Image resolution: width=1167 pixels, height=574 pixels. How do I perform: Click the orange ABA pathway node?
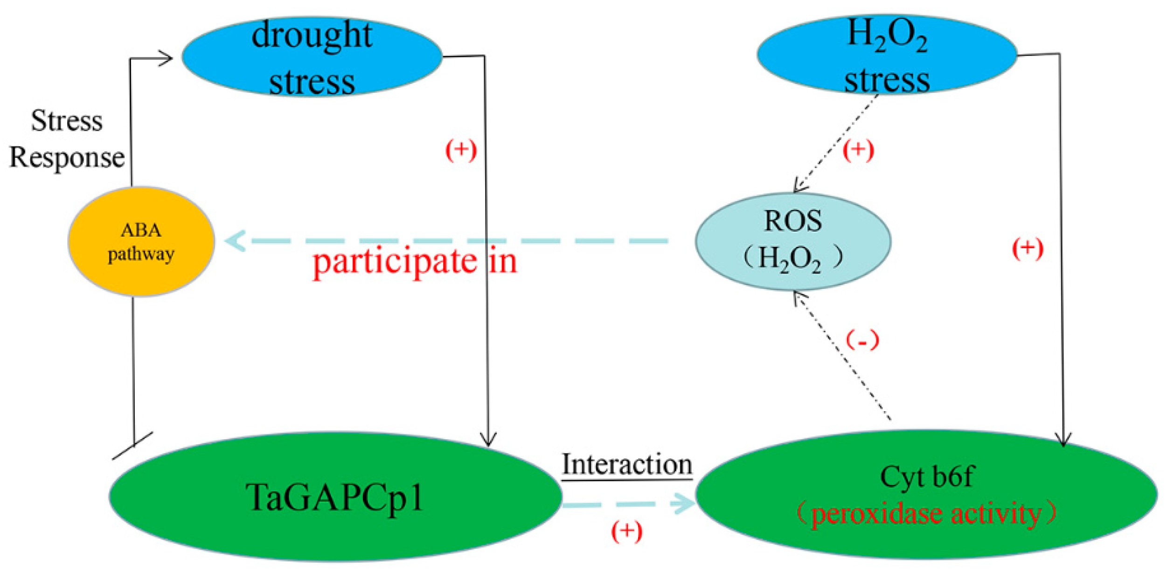pyautogui.click(x=141, y=241)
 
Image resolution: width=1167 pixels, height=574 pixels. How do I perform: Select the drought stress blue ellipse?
pyautogui.click(x=312, y=57)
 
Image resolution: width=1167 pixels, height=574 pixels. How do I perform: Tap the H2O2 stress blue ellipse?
pyautogui.click(x=886, y=55)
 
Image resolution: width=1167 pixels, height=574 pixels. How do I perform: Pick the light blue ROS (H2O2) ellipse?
pyautogui.click(x=792, y=241)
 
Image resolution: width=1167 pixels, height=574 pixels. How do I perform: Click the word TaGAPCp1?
pyautogui.click(x=335, y=497)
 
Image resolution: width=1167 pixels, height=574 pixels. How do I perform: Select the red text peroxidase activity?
pyautogui.click(x=926, y=513)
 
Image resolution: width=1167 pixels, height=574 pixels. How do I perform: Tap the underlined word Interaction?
pyautogui.click(x=626, y=465)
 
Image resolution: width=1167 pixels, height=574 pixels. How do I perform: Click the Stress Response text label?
pyautogui.click(x=67, y=139)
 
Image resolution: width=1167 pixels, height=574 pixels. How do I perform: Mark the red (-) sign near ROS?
pyautogui.click(x=862, y=340)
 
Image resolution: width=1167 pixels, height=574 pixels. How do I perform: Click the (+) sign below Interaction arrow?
pyautogui.click(x=626, y=531)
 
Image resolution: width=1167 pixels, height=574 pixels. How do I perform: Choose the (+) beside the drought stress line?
pyautogui.click(x=461, y=150)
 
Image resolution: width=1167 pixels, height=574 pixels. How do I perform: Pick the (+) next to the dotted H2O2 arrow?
pyautogui.click(x=858, y=150)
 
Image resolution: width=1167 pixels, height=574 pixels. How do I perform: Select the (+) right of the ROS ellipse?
pyautogui.click(x=1028, y=248)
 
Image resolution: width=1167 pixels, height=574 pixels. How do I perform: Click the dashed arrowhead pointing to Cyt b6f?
pyautogui.click(x=684, y=503)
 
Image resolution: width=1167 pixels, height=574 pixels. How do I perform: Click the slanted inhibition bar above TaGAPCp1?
pyautogui.click(x=132, y=446)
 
